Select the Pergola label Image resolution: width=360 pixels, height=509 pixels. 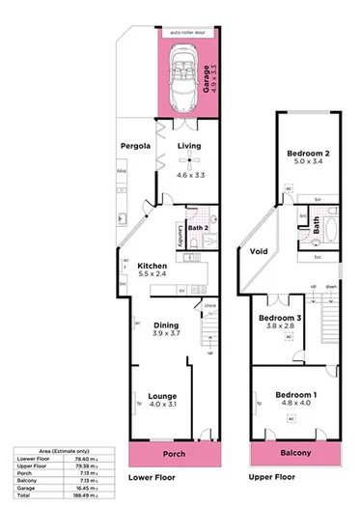[x=136, y=147]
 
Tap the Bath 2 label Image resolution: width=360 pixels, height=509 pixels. [x=199, y=227]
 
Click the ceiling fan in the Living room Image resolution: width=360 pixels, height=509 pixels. [x=189, y=160]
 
